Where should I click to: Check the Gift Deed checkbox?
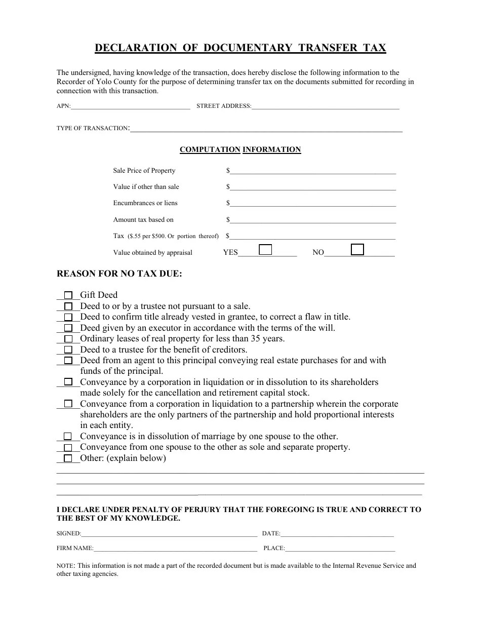tap(68, 295)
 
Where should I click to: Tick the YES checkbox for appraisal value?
tap(265, 250)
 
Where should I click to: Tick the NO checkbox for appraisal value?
tap(357, 249)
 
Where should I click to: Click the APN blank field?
tap(131, 107)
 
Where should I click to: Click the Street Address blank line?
tap(326, 107)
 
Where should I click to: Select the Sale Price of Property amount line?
tap(313, 172)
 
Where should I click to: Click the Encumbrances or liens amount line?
tap(313, 204)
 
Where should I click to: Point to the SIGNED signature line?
tap(169, 534)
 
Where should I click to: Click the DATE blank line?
tap(337, 534)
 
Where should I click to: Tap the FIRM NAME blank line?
tap(175, 549)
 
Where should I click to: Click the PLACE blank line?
tap(340, 549)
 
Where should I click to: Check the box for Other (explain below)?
tap(68, 458)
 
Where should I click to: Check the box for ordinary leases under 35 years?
tap(68, 339)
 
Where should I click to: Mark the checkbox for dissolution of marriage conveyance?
tap(68, 436)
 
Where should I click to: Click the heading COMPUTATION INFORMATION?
tap(240, 149)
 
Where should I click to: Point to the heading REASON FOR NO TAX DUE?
tap(119, 274)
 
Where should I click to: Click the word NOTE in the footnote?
tap(65, 566)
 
